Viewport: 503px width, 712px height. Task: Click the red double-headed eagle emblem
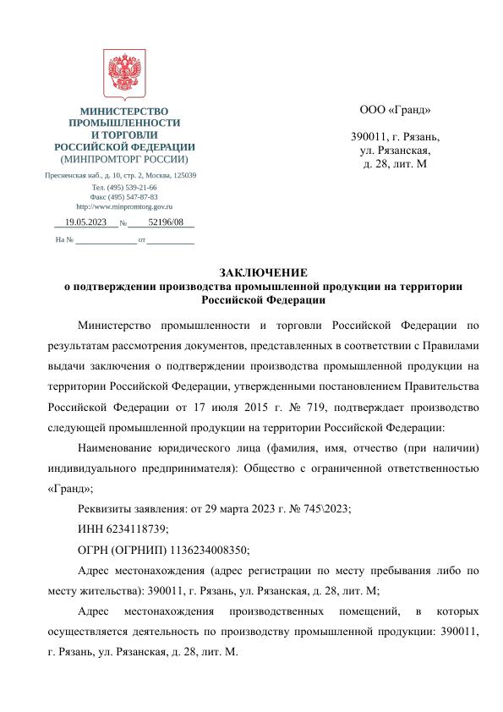123,75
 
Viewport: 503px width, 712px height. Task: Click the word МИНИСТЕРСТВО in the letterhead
123,112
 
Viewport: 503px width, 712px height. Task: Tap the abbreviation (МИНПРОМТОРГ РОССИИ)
123,159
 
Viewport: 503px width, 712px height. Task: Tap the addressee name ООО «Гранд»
395,110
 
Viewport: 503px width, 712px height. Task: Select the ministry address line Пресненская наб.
121,175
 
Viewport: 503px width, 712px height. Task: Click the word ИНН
89,528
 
